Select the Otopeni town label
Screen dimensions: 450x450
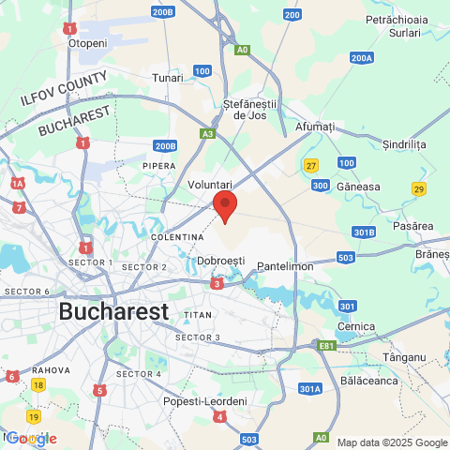[x=87, y=43]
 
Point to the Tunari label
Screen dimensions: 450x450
[x=168, y=78]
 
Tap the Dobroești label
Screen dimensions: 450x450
[x=222, y=260]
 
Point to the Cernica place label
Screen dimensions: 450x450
[x=355, y=326]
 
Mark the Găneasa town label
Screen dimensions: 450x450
[x=360, y=187]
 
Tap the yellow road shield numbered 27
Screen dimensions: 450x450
[x=310, y=166]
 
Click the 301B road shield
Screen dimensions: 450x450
[x=365, y=232]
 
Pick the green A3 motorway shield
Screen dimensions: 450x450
[x=206, y=134]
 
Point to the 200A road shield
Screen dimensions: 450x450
[x=362, y=58]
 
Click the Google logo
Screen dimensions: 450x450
[x=31, y=438]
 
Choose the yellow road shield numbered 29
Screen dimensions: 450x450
[x=418, y=189]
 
